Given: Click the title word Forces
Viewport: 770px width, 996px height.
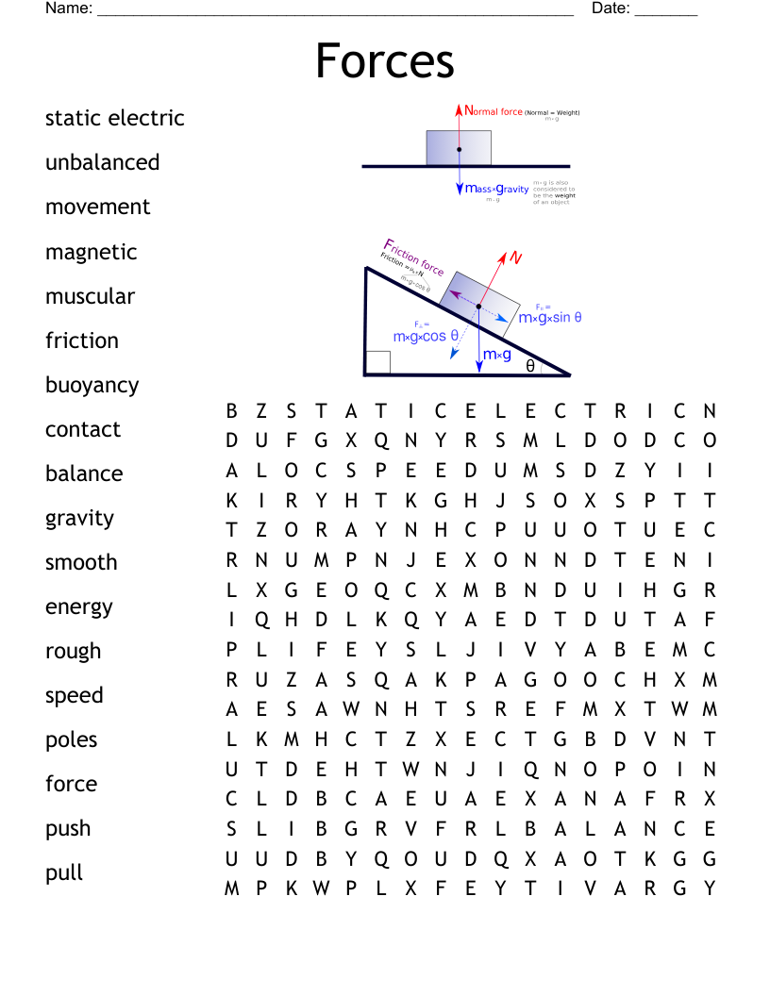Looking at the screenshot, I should (x=385, y=61).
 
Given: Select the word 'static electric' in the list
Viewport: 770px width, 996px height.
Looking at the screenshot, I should (x=115, y=119).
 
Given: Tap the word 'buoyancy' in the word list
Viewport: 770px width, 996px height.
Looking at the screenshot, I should (x=92, y=386).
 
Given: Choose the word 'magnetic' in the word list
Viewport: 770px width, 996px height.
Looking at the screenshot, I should (x=92, y=253).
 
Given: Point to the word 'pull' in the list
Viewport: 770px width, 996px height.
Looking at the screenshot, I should (x=64, y=873).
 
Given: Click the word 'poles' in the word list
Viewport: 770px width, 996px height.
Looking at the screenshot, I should (x=72, y=740).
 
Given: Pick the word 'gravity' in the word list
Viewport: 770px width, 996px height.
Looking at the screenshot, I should (x=79, y=519).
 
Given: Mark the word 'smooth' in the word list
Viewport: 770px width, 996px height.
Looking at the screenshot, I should (x=81, y=563).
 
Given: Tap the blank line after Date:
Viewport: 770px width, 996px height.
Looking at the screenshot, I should (x=666, y=11).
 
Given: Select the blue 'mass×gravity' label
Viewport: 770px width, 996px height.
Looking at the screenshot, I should (x=497, y=189).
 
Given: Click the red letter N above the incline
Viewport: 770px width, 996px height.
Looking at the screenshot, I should (x=516, y=257).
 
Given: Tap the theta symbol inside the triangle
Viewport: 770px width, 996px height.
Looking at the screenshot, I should (x=530, y=366).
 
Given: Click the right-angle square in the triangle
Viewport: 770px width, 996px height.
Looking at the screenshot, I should (x=378, y=363).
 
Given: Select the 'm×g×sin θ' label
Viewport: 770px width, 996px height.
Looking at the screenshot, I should (x=550, y=318).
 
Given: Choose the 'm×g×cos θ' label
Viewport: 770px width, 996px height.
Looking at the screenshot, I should (x=426, y=336).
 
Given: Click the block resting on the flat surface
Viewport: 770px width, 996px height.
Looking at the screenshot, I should (x=459, y=148).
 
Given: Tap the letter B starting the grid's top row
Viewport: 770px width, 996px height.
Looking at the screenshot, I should (x=231, y=411).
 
